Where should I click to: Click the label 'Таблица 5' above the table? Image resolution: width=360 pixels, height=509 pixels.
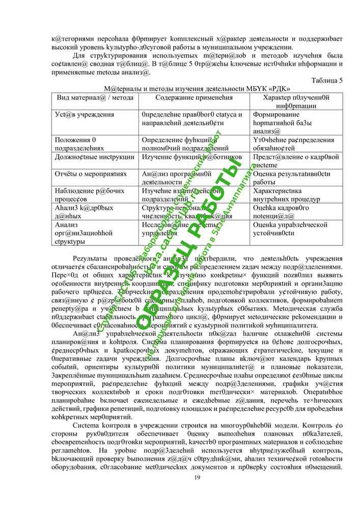(326, 80)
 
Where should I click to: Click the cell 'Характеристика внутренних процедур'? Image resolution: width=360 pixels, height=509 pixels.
(283, 195)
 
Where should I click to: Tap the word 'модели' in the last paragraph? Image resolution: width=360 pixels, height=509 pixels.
(291, 425)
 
